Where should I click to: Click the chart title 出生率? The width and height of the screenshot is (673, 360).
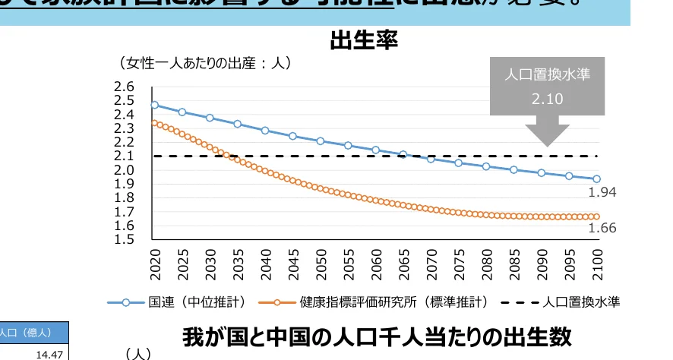(x=364, y=40)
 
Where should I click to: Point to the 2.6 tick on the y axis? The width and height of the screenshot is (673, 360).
(x=124, y=87)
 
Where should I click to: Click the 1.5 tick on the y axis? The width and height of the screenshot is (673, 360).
(x=124, y=240)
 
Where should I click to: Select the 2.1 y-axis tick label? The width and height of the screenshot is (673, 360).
(x=124, y=156)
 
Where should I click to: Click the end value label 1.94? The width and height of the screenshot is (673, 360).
(x=602, y=193)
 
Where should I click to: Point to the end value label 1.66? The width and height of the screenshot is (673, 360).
(x=602, y=228)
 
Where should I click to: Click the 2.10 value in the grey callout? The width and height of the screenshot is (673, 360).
(x=547, y=99)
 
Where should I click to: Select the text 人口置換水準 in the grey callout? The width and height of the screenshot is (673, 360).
(x=547, y=74)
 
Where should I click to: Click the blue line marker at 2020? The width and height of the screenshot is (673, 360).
(x=155, y=106)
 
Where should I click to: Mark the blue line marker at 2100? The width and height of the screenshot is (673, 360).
(x=596, y=179)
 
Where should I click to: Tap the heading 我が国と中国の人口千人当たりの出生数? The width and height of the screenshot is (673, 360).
(x=377, y=337)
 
